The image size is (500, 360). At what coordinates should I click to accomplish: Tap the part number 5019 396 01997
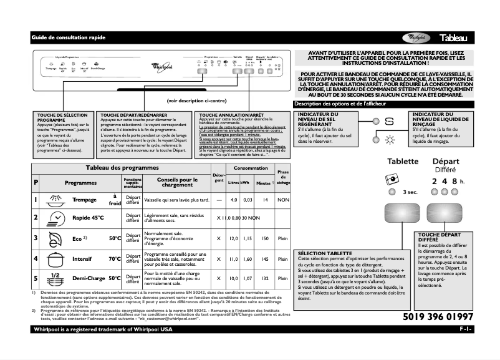[x=434, y=318]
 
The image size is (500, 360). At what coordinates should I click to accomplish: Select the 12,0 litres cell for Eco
[x=234, y=239]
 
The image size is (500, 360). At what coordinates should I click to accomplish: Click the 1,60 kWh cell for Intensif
[x=246, y=258]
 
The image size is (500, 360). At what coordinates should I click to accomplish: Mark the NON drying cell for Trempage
[x=283, y=200]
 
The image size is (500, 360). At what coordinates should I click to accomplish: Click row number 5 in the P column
[x=36, y=278]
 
